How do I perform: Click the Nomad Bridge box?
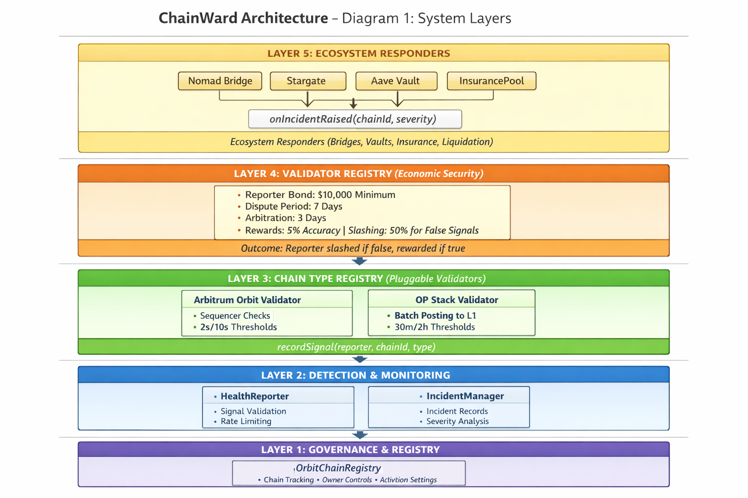click(220, 81)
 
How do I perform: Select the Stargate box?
click(308, 81)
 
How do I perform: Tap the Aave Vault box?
click(396, 81)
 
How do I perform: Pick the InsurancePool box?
click(491, 81)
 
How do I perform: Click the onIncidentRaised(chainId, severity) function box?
click(355, 119)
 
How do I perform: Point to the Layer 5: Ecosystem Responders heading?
click(358, 53)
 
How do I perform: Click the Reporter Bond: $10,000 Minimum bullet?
click(320, 195)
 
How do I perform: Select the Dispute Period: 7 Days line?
click(293, 207)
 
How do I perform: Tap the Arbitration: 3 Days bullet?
click(285, 218)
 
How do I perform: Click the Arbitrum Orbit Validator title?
click(247, 300)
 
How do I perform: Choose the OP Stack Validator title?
click(456, 300)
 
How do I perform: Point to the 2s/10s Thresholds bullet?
click(238, 327)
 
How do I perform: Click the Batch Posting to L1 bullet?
click(435, 316)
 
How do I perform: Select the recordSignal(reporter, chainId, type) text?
click(356, 347)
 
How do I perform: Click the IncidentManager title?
click(465, 396)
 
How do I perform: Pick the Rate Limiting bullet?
click(246, 422)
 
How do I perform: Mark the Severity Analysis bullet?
click(457, 422)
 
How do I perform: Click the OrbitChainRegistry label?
click(338, 468)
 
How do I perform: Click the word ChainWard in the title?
click(199, 18)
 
